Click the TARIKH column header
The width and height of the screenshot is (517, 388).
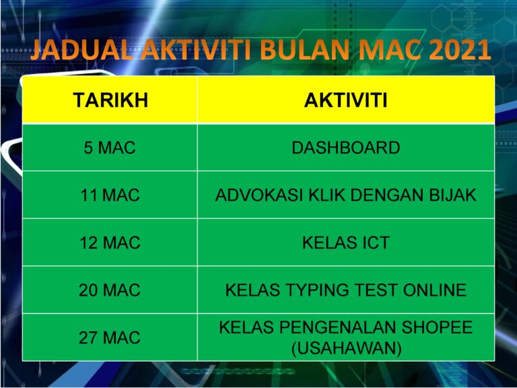click(x=110, y=101)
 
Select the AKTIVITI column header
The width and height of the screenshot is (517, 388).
click(x=345, y=101)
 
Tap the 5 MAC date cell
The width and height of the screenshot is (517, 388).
click(x=110, y=148)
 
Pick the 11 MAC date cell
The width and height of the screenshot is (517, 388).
click(x=110, y=195)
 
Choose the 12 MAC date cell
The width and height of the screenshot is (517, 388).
click(x=110, y=243)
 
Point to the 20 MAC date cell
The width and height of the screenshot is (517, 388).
click(x=110, y=290)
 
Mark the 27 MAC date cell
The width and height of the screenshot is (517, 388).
click(x=110, y=337)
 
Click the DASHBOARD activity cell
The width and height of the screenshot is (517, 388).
click(x=345, y=148)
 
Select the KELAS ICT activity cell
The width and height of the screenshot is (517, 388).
click(x=345, y=243)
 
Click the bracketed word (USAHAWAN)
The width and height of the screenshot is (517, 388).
click(x=345, y=348)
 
